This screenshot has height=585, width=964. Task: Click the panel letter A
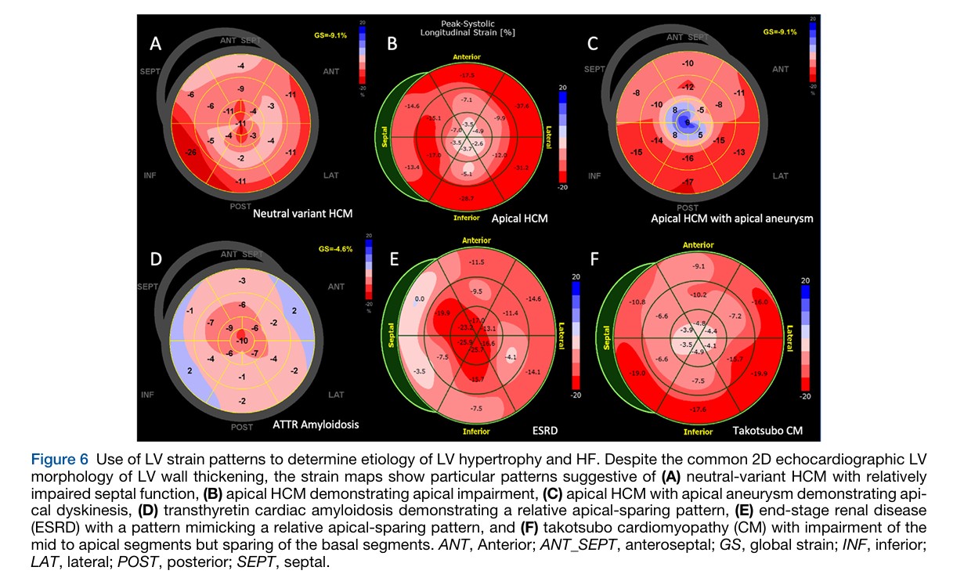point(156,45)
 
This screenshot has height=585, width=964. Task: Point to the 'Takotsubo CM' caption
point(764,430)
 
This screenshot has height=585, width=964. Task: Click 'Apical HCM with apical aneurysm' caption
point(731,218)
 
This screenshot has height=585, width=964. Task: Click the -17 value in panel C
point(688,182)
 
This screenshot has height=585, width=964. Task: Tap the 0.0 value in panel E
point(420,299)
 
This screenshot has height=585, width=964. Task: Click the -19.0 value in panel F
point(638,374)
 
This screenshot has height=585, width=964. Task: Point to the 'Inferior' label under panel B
point(468,218)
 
